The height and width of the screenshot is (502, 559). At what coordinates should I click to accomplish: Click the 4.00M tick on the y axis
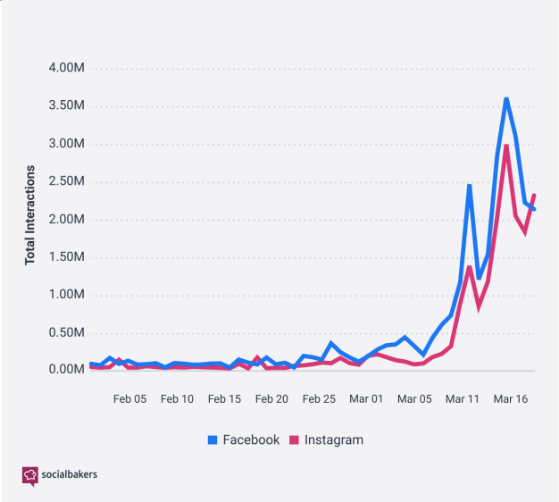click(66, 68)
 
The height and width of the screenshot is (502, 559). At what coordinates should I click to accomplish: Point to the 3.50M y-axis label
click(66, 105)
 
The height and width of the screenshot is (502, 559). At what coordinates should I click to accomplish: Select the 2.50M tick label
click(66, 181)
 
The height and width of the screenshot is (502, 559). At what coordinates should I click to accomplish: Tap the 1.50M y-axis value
click(66, 257)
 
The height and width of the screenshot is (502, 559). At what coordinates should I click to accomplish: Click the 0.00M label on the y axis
click(66, 370)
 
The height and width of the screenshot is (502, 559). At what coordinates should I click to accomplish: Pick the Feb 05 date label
click(129, 397)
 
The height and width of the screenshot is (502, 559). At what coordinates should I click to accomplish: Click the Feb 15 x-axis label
click(224, 397)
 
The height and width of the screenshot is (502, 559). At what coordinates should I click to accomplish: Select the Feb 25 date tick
click(319, 397)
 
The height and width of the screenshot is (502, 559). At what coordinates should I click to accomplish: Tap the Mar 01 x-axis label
click(366, 397)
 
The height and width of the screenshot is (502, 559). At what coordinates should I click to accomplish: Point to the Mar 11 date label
click(462, 397)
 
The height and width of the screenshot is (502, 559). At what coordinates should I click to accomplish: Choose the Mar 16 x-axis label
click(509, 397)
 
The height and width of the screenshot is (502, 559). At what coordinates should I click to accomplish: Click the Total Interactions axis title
click(29, 214)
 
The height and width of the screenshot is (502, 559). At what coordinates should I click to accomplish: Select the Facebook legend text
click(251, 439)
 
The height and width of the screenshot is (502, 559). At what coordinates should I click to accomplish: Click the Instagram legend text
click(333, 439)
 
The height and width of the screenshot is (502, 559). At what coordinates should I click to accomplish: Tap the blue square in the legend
click(213, 439)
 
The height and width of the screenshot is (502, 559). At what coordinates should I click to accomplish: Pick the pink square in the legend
click(295, 439)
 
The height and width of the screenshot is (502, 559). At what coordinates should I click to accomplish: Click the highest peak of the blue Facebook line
click(506, 98)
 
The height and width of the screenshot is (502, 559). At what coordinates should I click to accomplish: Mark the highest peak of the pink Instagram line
click(506, 146)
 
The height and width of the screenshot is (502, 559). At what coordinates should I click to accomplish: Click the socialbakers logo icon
click(30, 475)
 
